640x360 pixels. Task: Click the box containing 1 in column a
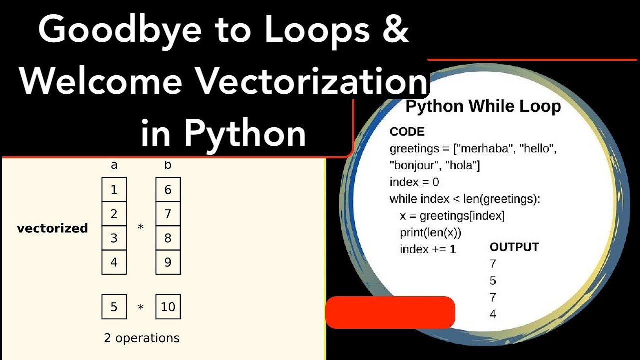coord(114,190)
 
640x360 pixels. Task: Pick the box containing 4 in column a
coord(114,262)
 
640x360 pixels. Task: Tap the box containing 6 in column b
coord(168,190)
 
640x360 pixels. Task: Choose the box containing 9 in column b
coord(168,262)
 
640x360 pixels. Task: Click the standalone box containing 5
coord(114,307)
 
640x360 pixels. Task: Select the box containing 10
coord(168,307)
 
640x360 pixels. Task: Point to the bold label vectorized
coord(52,228)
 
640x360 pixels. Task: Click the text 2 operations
coord(142,338)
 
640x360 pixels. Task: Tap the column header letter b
coord(168,165)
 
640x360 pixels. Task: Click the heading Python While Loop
coord(483,106)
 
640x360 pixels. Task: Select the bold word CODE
coord(407,132)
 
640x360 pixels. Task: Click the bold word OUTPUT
coord(514,247)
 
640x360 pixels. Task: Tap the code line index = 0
coord(414,182)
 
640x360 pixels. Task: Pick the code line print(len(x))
coord(430,232)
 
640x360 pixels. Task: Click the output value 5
coord(493,281)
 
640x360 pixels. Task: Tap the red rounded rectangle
coord(390,312)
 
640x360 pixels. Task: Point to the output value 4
coord(493,315)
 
